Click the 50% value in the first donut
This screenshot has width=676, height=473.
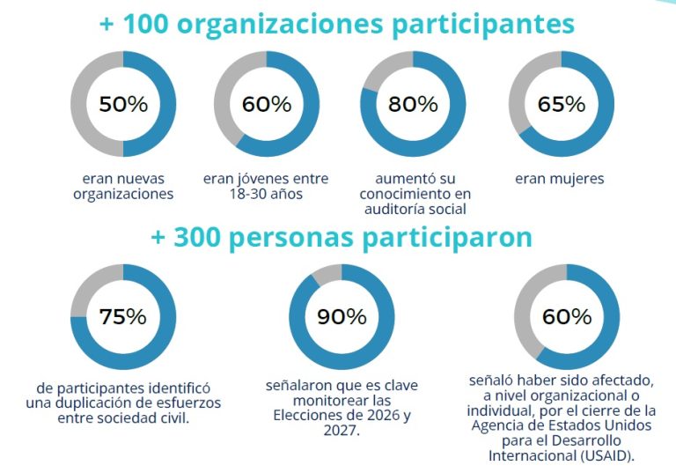pos(123,104)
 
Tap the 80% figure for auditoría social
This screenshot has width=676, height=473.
pos(413,104)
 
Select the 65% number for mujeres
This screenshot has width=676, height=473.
pos(562,104)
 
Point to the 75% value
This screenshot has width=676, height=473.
pos(123,317)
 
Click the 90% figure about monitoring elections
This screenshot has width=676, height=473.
pos(342,317)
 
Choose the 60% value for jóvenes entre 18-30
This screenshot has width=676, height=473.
pos(267,104)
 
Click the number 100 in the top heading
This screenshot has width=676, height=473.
pos(144,25)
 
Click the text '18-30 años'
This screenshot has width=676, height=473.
pos(265,194)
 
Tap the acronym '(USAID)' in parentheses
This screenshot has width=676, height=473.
pos(606,456)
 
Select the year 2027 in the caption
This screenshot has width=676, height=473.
pos(341,432)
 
